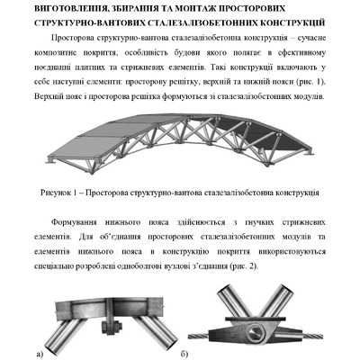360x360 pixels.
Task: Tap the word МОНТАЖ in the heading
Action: point(202,8)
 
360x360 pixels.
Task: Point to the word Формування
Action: point(91,227)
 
